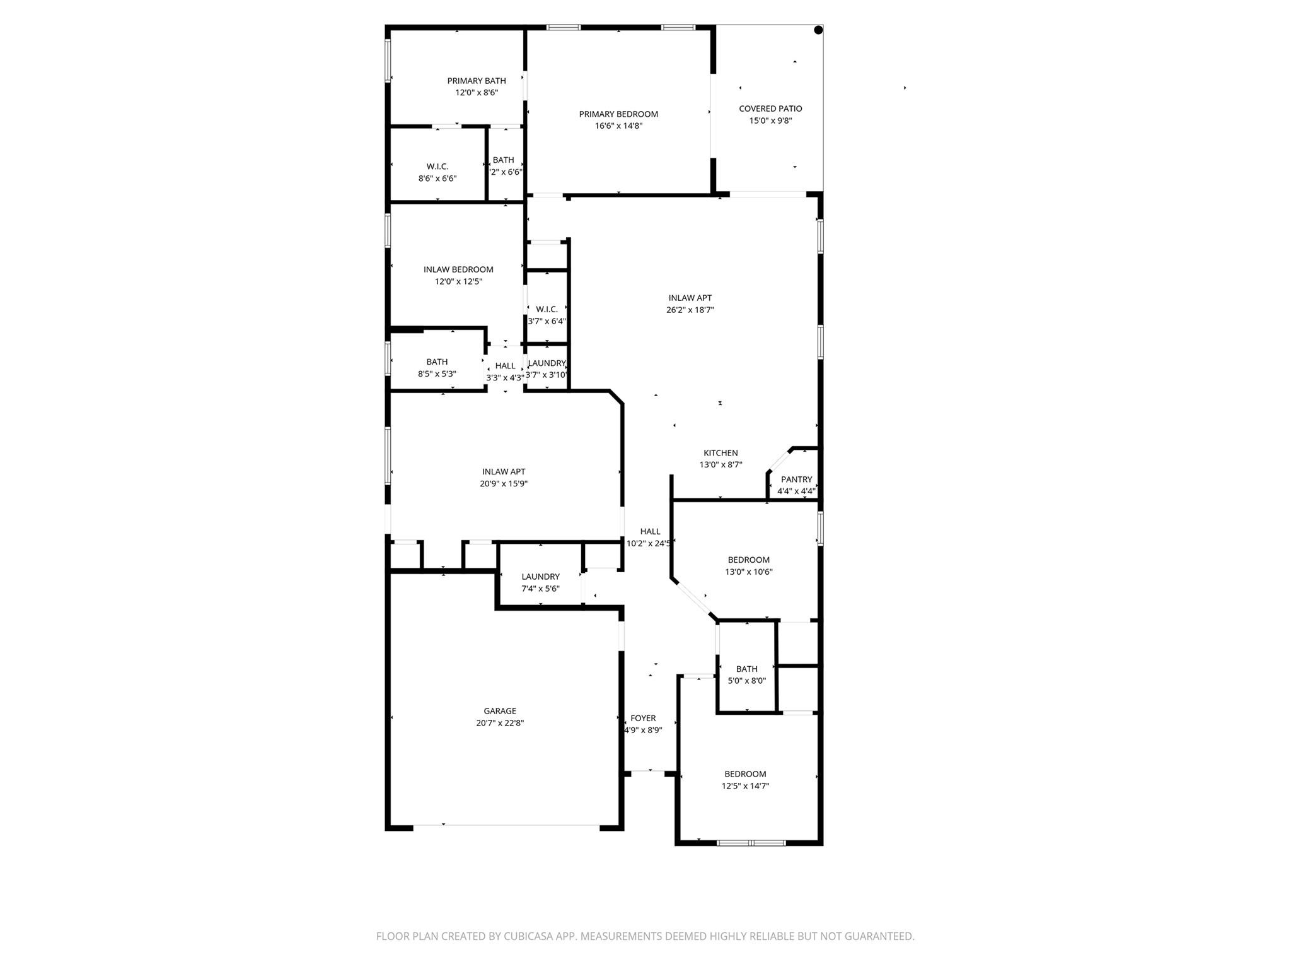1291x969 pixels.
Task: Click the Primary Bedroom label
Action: pyautogui.click(x=618, y=114)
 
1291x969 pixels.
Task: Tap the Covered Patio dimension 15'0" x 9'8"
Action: pyautogui.click(x=770, y=120)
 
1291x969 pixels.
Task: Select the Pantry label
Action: pyautogui.click(x=796, y=479)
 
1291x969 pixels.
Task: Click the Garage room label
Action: pyautogui.click(x=500, y=711)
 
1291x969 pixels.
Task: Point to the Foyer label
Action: pyautogui.click(x=643, y=718)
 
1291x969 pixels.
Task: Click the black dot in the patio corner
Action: pyautogui.click(x=818, y=30)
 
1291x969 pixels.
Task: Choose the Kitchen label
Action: pyautogui.click(x=721, y=453)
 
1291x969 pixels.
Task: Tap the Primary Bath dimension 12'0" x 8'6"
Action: pyautogui.click(x=477, y=93)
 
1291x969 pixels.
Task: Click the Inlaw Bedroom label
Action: pyautogui.click(x=458, y=269)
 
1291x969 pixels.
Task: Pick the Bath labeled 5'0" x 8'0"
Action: pyautogui.click(x=746, y=674)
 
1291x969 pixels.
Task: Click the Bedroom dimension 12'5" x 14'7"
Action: pyautogui.click(x=745, y=786)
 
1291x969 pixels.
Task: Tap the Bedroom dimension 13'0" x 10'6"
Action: pyautogui.click(x=748, y=572)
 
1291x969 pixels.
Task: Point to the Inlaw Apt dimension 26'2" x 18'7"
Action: pyautogui.click(x=690, y=310)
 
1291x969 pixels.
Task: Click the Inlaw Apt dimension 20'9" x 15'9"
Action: pyautogui.click(x=503, y=484)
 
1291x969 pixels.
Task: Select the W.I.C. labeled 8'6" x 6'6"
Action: pyautogui.click(x=437, y=172)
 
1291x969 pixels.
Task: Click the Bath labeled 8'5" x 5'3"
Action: pyautogui.click(x=437, y=368)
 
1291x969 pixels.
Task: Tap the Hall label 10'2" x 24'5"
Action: pyautogui.click(x=649, y=537)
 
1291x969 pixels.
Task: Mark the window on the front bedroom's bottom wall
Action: pyautogui.click(x=751, y=843)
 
